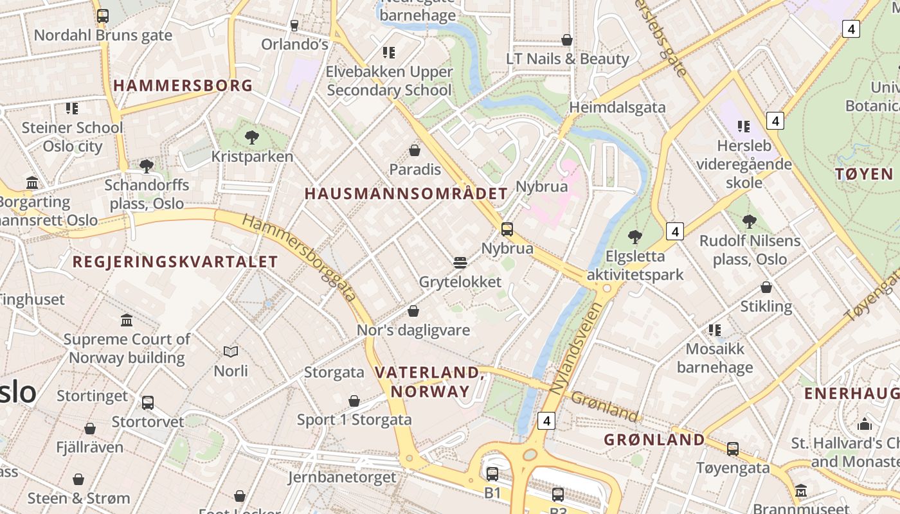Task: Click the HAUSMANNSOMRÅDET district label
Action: pos(406,193)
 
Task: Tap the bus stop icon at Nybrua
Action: pos(507,229)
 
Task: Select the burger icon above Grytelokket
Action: pos(460,263)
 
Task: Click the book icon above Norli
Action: pos(231,351)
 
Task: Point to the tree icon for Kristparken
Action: pos(252,137)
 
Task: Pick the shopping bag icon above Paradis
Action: pos(415,151)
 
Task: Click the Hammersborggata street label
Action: pos(300,258)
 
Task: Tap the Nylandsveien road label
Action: pos(577,348)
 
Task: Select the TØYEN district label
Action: pos(864,174)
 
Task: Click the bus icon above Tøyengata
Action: pos(733,449)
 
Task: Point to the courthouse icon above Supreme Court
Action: pos(127,320)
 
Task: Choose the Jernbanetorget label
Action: pos(341,477)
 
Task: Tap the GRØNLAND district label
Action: pos(654,440)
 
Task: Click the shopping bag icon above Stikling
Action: pos(766,287)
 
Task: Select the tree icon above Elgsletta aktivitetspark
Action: pos(635,237)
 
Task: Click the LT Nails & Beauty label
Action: pos(567,58)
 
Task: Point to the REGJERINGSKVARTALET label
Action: pos(175,262)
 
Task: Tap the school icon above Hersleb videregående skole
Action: pos(744,127)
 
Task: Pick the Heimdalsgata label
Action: pos(617,107)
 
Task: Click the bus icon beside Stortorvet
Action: pos(148,403)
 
